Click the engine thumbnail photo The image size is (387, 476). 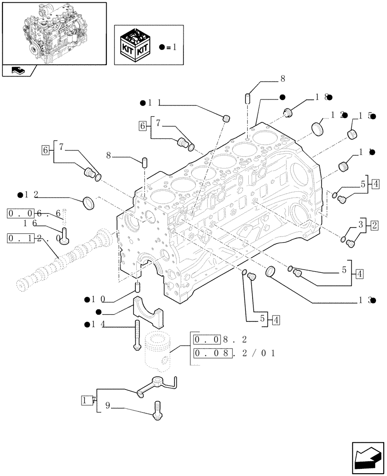pyautogui.click(x=54, y=33)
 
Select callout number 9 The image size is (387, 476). pyautogui.click(x=108, y=406)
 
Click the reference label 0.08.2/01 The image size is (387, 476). pyautogui.click(x=234, y=353)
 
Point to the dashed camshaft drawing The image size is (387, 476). pyautogui.click(x=62, y=259)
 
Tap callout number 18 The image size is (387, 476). pyautogui.click(x=320, y=97)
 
